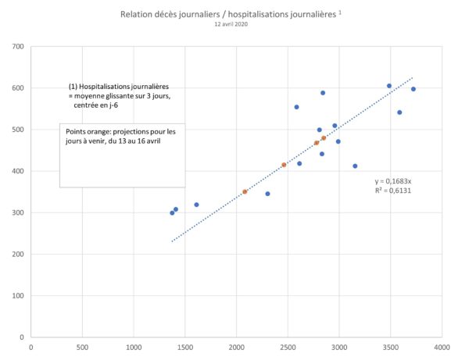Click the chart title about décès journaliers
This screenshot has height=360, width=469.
click(231, 14)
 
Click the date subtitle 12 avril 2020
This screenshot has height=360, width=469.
click(231, 24)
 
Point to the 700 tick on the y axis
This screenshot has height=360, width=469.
click(18, 46)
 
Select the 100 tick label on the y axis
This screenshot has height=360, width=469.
click(18, 296)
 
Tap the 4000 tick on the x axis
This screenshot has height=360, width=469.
click(442, 348)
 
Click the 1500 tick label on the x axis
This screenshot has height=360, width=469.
click(184, 348)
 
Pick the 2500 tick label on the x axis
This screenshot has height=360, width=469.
click(288, 348)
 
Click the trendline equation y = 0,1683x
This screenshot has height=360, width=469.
click(393, 181)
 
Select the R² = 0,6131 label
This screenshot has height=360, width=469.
click(393, 191)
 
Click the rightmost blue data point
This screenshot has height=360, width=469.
click(414, 89)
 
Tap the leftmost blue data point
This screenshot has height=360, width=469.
click(172, 213)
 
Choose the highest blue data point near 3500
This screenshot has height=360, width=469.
click(389, 86)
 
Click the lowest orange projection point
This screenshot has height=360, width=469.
click(245, 192)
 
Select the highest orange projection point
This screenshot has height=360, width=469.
click(324, 138)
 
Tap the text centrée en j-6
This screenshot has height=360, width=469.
click(95, 105)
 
